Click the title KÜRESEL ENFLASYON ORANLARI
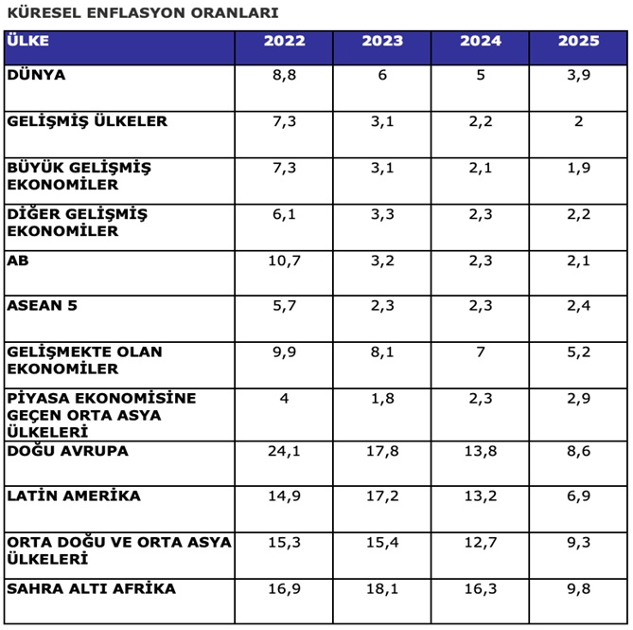142,13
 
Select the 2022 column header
284,41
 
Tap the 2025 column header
578,41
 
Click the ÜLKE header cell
27,41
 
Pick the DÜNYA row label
35,74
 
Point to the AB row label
17,260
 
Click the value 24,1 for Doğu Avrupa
284,451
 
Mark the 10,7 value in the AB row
284,260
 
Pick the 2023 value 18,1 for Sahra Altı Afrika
382,588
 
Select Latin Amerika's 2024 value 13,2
481,495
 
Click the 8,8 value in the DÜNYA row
284,75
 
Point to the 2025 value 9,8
578,588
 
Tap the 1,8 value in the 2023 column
382,398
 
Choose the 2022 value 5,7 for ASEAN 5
284,305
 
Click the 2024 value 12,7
481,542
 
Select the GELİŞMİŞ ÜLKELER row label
87,121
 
